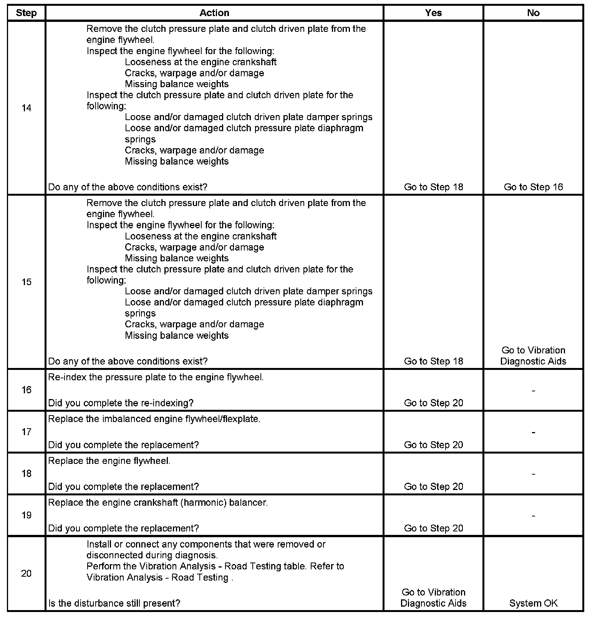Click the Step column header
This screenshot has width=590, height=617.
(x=26, y=13)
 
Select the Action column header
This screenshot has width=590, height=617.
(x=214, y=13)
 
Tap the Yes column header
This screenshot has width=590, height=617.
(x=433, y=13)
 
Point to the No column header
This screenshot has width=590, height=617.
(x=533, y=13)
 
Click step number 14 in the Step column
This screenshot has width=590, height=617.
(x=26, y=108)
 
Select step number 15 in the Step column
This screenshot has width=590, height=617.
(x=26, y=282)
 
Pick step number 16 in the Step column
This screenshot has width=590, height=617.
(x=26, y=390)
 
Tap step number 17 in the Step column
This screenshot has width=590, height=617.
(x=26, y=432)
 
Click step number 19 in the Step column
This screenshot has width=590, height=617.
(x=26, y=515)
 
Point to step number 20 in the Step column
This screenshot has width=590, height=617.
(x=26, y=574)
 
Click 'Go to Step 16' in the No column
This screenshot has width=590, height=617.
(x=533, y=187)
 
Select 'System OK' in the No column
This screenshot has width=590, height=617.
(x=533, y=604)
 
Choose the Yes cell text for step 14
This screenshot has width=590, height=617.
(x=433, y=187)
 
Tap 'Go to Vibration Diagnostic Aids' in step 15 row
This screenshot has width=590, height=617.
(x=533, y=356)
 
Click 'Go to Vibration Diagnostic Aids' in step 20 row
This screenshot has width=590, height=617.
(x=433, y=598)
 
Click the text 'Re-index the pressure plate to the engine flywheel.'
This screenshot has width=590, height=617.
(x=156, y=377)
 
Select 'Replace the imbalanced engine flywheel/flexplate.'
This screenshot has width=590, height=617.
(x=154, y=419)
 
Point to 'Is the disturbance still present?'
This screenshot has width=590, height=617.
(x=114, y=604)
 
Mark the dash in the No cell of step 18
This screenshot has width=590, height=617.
(x=533, y=474)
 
